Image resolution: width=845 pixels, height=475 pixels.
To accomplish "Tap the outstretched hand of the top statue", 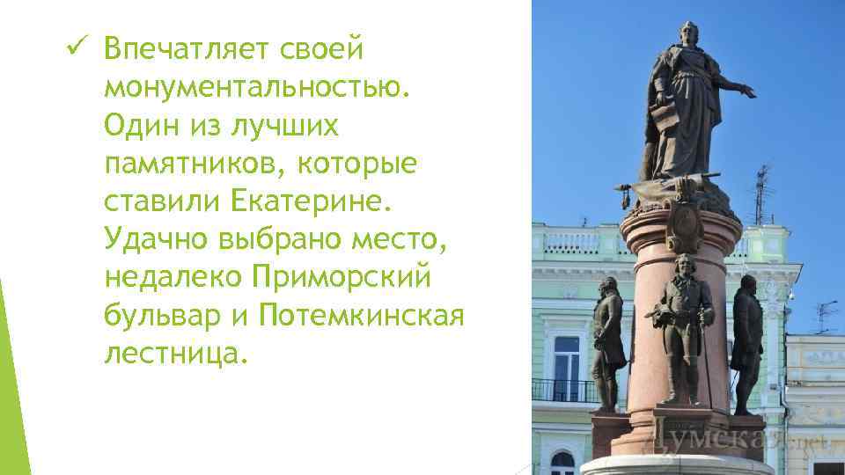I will pyautogui.click(x=748, y=90).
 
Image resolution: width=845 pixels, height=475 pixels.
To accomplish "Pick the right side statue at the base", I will pyautogui.click(x=747, y=339).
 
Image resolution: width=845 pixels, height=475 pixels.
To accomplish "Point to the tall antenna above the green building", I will pyautogui.click(x=762, y=194).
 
